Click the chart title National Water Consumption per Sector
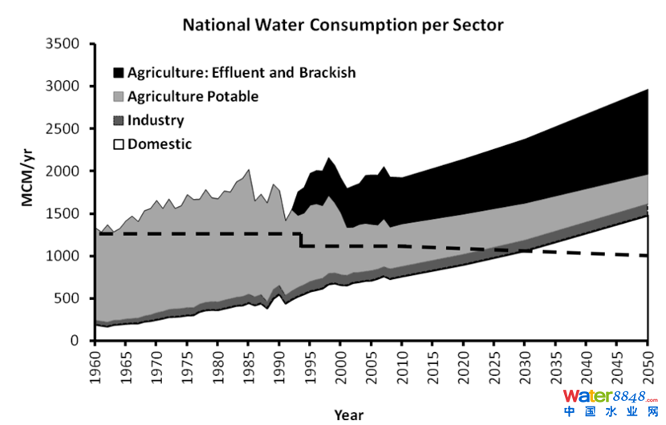coord(343,25)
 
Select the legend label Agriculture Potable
coord(193,97)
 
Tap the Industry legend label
coord(156,121)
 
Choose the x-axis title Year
coord(349,415)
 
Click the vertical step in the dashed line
coord(300,240)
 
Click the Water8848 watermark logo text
coord(610,396)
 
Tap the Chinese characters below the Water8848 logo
coord(610,412)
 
